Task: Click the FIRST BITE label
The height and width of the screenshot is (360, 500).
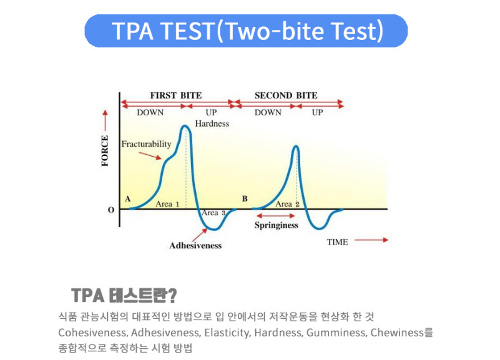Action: click(x=176, y=95)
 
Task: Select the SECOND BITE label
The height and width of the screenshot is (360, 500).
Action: click(x=286, y=95)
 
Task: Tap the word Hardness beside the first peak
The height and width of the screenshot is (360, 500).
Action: click(x=212, y=124)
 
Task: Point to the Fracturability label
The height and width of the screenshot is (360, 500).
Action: click(x=146, y=144)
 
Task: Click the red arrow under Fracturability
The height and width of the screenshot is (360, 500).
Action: click(x=150, y=155)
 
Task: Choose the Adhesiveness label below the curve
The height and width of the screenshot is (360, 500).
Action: click(x=195, y=246)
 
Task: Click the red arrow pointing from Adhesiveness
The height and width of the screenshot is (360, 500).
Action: click(x=200, y=235)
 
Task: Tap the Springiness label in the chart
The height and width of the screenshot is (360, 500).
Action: click(x=277, y=226)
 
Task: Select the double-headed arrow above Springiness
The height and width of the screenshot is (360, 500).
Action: click(x=275, y=216)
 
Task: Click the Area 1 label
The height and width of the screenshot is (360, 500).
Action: click(x=167, y=204)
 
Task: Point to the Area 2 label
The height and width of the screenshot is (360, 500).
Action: click(x=287, y=204)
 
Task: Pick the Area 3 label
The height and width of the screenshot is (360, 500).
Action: click(x=213, y=213)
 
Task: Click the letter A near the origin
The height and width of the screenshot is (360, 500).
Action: click(x=128, y=199)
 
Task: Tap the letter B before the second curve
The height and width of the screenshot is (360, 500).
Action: click(x=245, y=199)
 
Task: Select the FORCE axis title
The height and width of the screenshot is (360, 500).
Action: click(x=105, y=151)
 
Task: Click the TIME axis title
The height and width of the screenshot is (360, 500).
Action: click(x=337, y=242)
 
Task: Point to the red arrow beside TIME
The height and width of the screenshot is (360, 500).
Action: click(x=371, y=240)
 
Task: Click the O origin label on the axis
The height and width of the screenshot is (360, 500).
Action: click(x=111, y=210)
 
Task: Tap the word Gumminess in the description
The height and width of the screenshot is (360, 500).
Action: click(x=336, y=333)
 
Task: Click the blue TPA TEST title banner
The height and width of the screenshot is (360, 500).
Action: click(x=246, y=31)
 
